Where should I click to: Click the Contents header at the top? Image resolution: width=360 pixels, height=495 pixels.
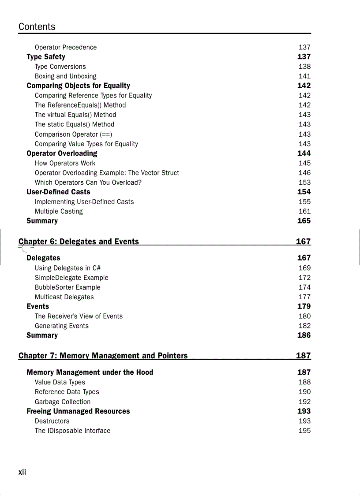37,26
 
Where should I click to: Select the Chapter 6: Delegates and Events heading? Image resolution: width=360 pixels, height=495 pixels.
79,242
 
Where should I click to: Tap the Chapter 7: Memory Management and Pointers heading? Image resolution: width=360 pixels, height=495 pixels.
103,356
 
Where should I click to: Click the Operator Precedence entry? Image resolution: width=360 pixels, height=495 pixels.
65,47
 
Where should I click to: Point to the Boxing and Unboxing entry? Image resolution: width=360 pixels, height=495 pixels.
65,76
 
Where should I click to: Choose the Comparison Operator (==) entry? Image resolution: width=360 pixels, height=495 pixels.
73,134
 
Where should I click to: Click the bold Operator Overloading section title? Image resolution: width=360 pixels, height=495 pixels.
62,153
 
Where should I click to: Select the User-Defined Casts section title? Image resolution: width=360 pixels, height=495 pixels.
58,192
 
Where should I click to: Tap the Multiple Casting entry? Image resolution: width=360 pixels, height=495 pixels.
59,211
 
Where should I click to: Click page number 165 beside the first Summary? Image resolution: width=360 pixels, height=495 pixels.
304,221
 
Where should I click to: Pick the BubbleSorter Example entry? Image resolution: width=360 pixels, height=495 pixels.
67,287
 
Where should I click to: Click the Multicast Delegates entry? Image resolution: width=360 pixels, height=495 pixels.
64,297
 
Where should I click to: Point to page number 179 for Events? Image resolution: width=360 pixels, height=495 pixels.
304,306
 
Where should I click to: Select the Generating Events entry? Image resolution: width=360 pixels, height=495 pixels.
61,326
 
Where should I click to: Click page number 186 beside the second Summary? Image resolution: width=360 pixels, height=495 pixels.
304,335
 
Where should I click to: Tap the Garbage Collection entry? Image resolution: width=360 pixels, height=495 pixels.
63,402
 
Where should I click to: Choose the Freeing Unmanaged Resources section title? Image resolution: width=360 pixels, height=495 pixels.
78,411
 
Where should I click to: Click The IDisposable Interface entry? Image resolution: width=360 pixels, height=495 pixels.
72,431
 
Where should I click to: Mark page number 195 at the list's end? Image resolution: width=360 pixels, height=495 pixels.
304,431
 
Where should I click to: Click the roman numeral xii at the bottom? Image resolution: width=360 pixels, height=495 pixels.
22,472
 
